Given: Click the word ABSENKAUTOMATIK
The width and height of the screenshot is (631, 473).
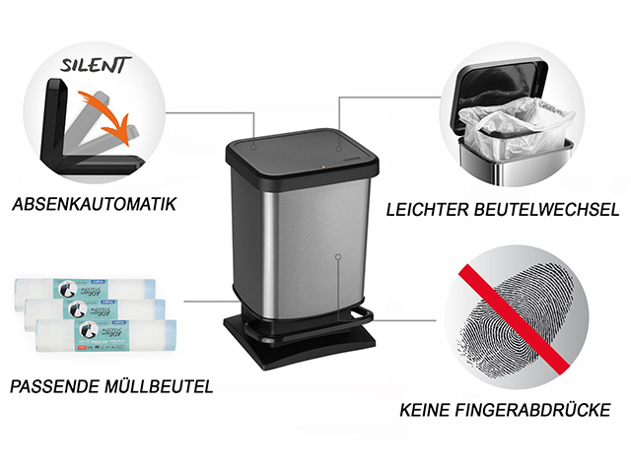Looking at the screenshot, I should click(x=95, y=206).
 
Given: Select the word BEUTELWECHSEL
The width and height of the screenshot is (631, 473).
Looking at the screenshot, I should click(x=555, y=208).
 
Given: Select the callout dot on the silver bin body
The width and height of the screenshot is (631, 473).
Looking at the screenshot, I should click(x=338, y=257).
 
